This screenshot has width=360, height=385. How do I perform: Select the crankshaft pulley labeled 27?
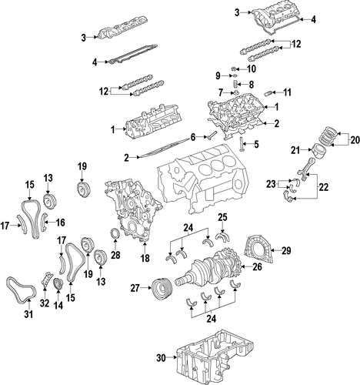162,289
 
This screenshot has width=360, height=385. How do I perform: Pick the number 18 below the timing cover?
145,258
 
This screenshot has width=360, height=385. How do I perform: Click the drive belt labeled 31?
22,290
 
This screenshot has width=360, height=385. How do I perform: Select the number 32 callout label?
45,303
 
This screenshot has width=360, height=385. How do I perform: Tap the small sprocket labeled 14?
58,284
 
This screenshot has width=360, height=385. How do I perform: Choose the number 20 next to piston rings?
355,140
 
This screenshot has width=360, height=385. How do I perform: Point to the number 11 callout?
287,92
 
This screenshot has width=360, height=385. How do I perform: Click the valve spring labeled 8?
235,85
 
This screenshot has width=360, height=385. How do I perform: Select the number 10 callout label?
251,69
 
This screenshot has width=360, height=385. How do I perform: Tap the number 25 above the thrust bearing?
222,217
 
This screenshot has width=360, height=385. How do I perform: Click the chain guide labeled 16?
44,222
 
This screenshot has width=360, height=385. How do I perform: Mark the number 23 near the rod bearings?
271,184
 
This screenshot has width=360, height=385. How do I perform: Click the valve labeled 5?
242,146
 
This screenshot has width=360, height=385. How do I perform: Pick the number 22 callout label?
323,187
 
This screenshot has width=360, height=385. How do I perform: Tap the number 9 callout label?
218,75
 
